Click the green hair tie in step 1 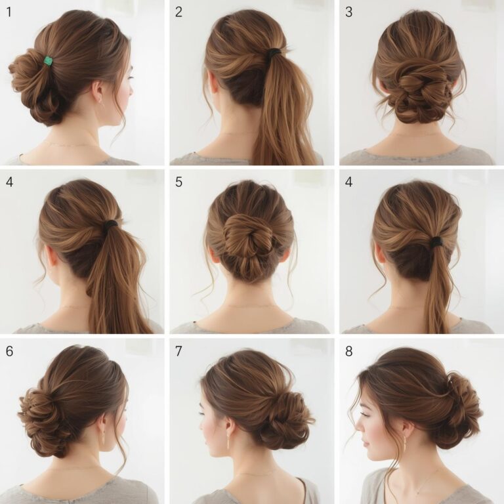click(x=48, y=61)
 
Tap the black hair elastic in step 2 click(x=274, y=52)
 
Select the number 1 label click(x=9, y=12)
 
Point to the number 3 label click(x=348, y=12)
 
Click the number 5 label click(x=178, y=182)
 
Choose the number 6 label click(x=9, y=351)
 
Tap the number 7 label click(x=178, y=351)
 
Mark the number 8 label click(x=348, y=351)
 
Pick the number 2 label click(x=178, y=12)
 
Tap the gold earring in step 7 click(x=228, y=441)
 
